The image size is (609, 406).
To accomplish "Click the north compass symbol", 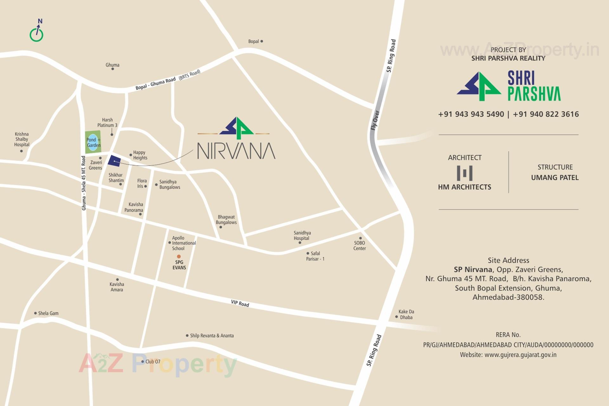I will [36, 32].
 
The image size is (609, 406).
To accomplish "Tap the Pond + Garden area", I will [93, 142].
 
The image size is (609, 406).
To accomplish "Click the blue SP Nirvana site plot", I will [114, 161].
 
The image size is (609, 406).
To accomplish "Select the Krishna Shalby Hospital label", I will [22, 139].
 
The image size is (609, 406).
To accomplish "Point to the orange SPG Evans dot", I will [179, 256].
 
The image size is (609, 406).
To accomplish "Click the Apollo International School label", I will [184, 243].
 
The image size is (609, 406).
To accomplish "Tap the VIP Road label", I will [240, 304].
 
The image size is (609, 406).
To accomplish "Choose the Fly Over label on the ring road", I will [375, 120].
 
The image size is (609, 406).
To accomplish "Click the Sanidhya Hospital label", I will [302, 235].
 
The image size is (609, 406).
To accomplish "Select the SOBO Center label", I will [359, 246].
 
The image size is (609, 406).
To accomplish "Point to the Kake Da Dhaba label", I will [406, 314].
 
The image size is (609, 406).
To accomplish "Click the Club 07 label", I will [153, 362].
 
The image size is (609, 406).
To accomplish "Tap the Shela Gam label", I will [48, 313].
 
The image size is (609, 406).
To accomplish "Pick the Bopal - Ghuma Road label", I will [155, 83].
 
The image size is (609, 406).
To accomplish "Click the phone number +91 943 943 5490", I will [471, 114].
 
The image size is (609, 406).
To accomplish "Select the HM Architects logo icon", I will [464, 173].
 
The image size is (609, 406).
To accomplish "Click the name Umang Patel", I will [555, 178].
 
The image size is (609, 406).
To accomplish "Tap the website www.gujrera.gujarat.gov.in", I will [520, 355].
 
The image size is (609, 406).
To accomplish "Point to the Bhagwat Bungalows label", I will [226, 219].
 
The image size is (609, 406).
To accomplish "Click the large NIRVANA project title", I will [236, 151].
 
